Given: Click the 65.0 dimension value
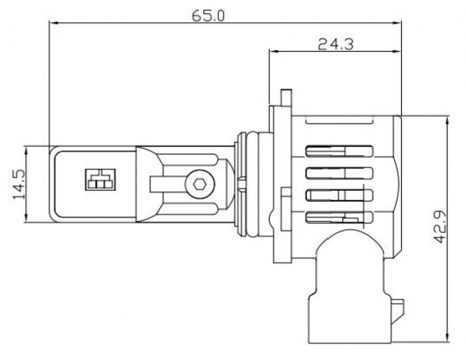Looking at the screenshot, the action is tap(208, 16).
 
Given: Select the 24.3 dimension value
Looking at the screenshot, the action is tap(336, 44).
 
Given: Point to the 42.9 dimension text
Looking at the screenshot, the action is tap(440, 226).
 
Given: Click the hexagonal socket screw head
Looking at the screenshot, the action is tap(199, 184).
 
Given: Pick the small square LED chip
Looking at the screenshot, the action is tap(100, 180).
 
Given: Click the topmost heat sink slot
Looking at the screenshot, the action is tap(340, 151).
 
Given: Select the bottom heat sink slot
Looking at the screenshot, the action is tap(340, 217).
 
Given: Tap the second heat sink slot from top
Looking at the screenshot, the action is tap(340, 173).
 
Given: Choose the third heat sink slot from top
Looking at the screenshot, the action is tap(340, 195).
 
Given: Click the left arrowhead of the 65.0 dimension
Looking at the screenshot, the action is tap(53, 23).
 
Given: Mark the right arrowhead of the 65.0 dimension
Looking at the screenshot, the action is tap(398, 23).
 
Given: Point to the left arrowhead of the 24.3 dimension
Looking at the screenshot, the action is tap(273, 51).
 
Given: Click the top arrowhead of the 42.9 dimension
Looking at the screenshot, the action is tap(447, 121).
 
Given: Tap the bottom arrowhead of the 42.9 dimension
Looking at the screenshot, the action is tap(447, 337).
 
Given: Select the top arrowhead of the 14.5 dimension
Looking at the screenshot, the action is tap(26, 151).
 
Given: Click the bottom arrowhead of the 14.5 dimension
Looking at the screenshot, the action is tap(26, 218).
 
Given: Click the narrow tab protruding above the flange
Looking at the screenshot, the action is tap(286, 97).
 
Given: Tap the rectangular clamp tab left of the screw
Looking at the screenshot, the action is tap(156, 184).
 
